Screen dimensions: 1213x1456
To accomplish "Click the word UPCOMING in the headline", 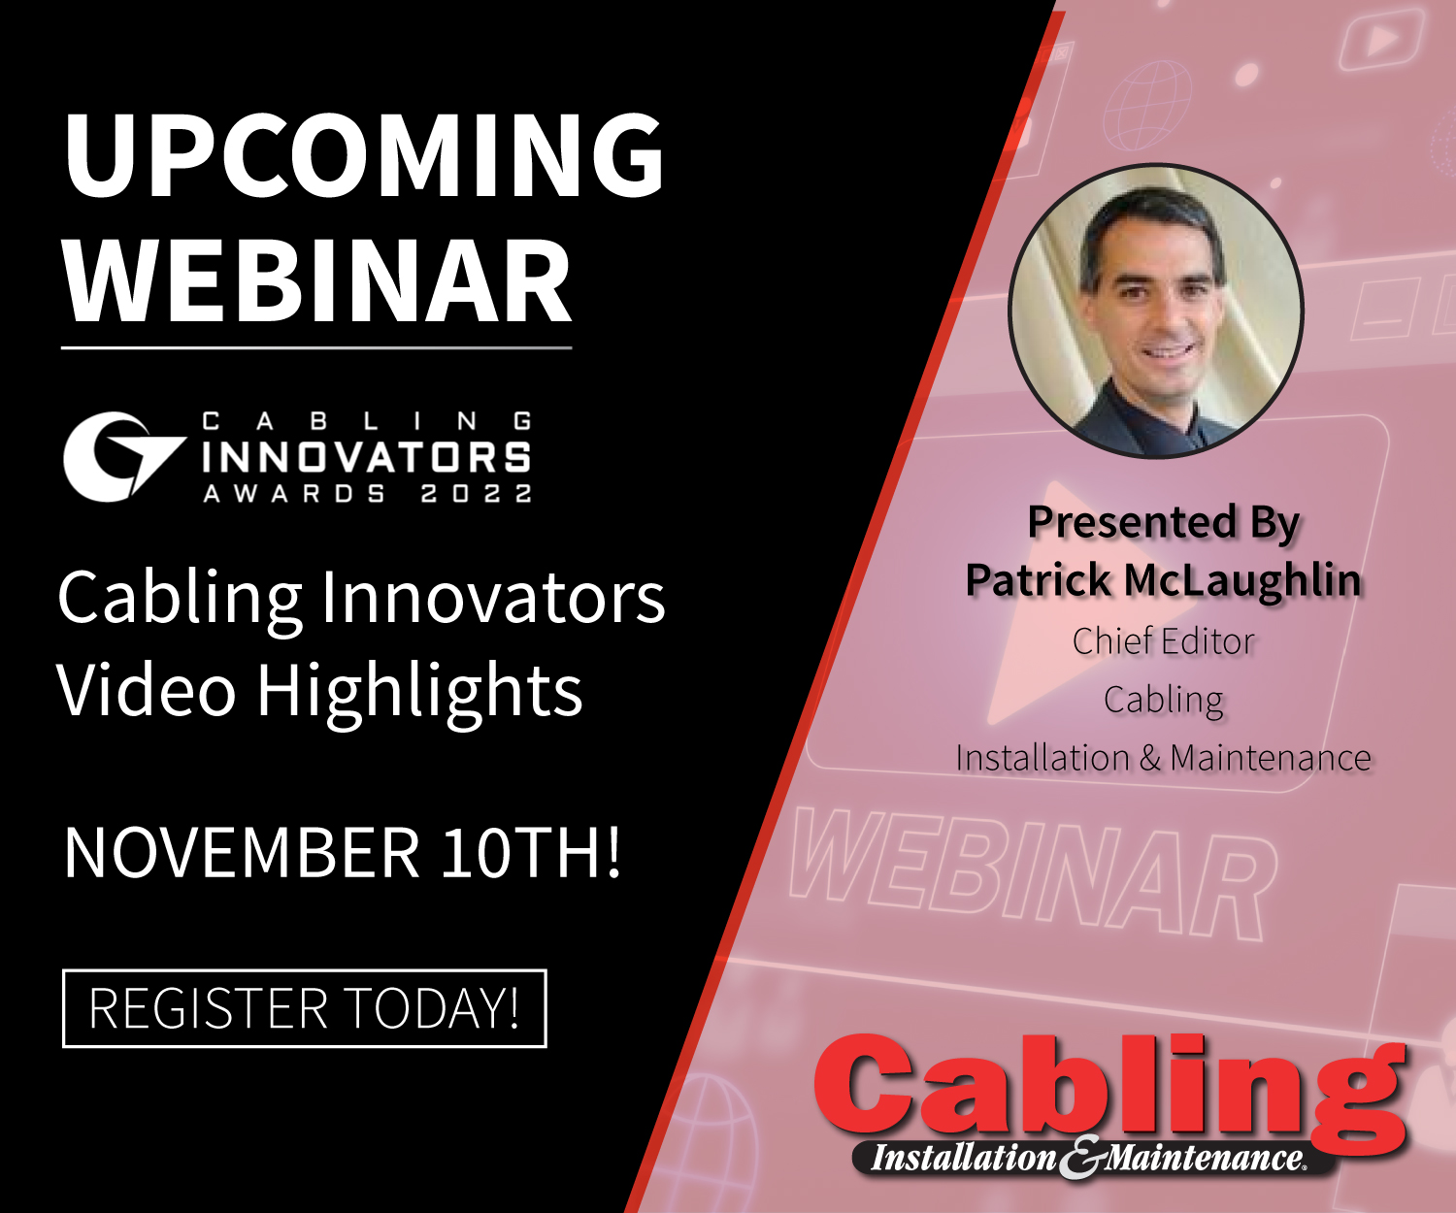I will [364, 155].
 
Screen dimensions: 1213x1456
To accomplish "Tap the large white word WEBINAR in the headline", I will [318, 281].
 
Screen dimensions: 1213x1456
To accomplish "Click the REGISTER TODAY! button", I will [305, 1008].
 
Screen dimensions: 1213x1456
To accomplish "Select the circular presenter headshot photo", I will [1155, 311].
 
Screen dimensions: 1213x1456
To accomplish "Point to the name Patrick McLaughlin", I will [1163, 580].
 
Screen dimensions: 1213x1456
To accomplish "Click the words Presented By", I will [1163, 522].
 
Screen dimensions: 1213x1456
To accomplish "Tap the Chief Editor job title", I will [1163, 641].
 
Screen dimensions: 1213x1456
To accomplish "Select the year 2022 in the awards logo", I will [477, 494].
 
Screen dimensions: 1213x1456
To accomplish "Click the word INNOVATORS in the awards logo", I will [366, 457].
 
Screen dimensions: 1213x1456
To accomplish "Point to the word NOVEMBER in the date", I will [242, 852].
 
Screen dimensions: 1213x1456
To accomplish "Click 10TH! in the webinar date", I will [531, 852].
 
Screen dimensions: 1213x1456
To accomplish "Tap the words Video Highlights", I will [320, 691].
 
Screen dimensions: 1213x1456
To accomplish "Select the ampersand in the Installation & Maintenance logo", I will [1080, 1158].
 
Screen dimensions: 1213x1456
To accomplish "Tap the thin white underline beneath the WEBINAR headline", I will [316, 346].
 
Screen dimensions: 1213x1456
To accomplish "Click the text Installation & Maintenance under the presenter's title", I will [1163, 758].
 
